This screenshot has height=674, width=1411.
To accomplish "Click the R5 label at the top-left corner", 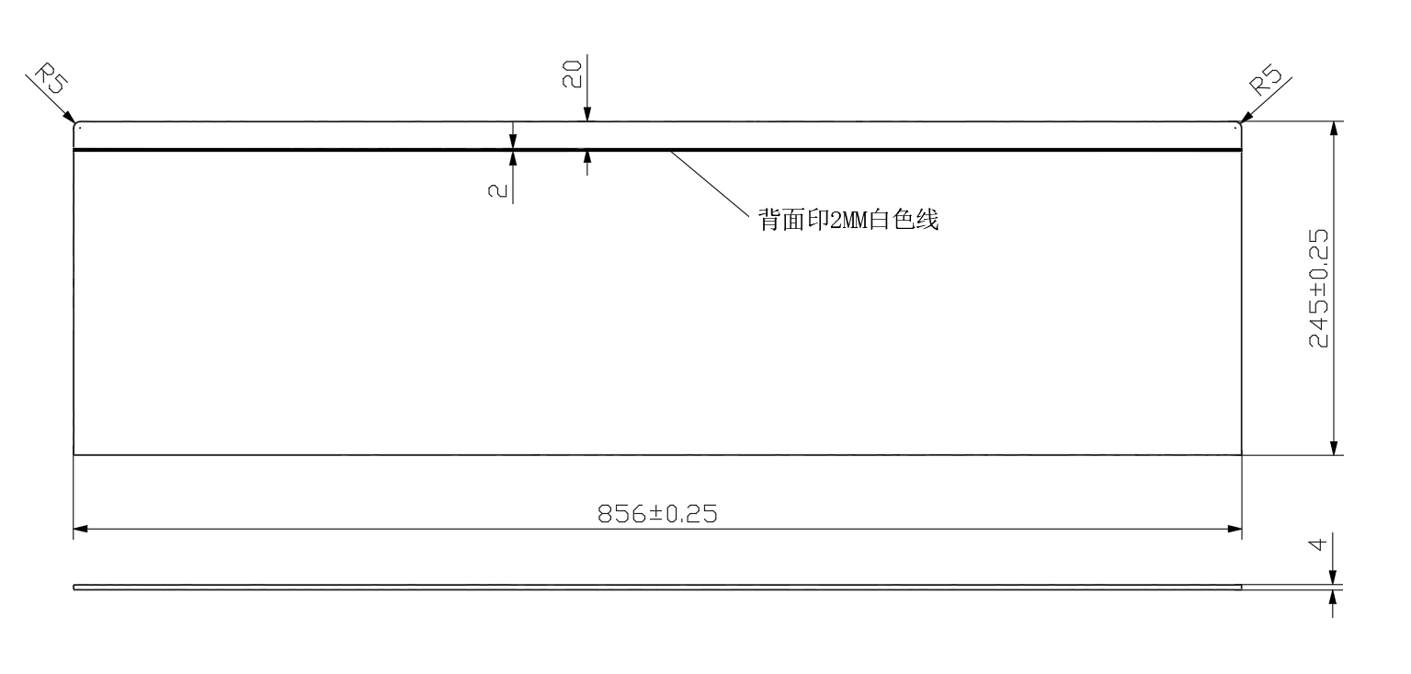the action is point(51,79).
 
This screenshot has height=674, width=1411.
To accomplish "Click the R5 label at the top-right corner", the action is point(1266,80).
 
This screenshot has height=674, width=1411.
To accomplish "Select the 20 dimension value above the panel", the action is point(572,74).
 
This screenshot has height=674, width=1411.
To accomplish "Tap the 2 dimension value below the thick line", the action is point(497,190).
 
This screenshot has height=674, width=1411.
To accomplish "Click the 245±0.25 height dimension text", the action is point(1318,288).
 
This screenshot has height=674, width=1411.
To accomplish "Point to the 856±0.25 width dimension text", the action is point(657,514).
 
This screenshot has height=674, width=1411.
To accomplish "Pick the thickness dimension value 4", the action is point(1318,543).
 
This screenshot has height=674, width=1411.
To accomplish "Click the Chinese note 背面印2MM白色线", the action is point(848,220).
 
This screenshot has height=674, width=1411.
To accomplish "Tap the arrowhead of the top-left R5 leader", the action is point(70,117).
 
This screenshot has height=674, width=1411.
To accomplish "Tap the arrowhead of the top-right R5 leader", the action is point(1246,117).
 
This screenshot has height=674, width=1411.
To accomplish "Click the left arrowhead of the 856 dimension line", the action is point(81,529).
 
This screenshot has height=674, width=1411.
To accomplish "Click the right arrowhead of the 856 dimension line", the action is point(1235,529).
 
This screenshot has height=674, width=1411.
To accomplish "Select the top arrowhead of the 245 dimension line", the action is point(1333,129).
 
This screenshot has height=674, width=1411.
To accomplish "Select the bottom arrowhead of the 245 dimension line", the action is point(1333,447).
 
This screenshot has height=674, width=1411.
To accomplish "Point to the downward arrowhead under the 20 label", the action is point(587,113).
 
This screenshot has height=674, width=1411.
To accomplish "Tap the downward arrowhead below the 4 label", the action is point(1332,577).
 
